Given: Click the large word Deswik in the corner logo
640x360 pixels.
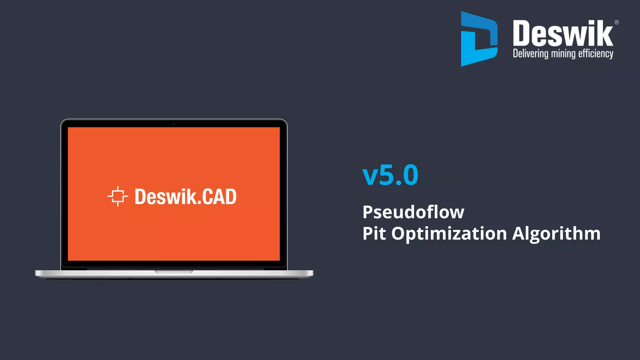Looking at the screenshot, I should [x=562, y=33].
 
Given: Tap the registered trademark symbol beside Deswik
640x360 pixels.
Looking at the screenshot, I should [x=617, y=22].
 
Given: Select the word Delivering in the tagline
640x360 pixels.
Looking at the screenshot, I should [x=530, y=53].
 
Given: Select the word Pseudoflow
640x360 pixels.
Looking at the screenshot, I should [x=413, y=212].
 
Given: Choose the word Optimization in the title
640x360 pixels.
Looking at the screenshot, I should [x=449, y=234].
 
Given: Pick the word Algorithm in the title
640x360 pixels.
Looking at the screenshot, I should [x=556, y=234].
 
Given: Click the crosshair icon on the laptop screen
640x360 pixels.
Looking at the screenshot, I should [x=118, y=196].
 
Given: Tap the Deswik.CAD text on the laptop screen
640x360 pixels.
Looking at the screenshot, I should [x=185, y=197].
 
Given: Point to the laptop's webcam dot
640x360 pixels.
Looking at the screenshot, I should [x=174, y=123].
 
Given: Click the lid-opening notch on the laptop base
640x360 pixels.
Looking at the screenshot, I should [x=174, y=272].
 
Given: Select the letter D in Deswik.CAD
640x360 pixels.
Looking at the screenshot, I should [x=140, y=197].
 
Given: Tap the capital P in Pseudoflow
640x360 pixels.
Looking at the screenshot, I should [x=369, y=212].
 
